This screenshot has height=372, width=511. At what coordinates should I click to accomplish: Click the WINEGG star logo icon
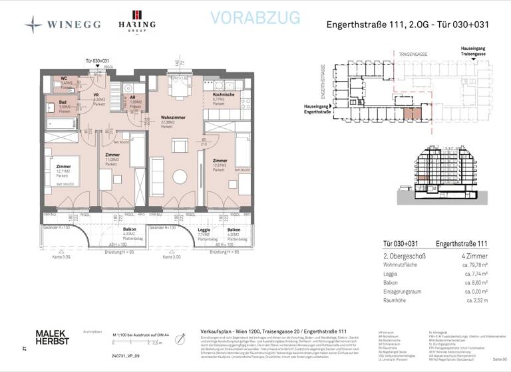[x=33, y=25]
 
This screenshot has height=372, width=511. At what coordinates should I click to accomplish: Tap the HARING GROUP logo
[x=136, y=21]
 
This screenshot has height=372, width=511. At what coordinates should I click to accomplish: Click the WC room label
[x=65, y=78]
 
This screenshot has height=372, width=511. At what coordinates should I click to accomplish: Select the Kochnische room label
[x=224, y=95]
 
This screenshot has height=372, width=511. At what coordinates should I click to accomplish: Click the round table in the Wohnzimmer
[x=180, y=177]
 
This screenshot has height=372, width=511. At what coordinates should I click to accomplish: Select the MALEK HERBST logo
[x=52, y=337]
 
